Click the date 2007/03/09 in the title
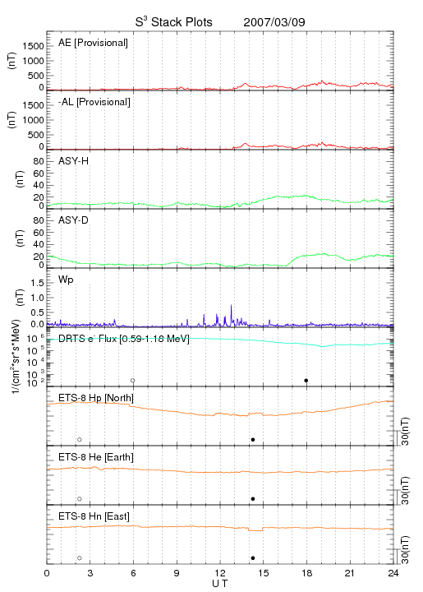[x=274, y=22]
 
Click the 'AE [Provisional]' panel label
[x=93, y=43]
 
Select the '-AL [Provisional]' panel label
[x=94, y=102]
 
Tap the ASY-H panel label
[x=74, y=161]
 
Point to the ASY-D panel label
[x=74, y=220]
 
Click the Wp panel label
[x=66, y=280]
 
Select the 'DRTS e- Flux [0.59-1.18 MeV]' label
[x=124, y=339]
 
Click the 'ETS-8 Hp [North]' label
[x=96, y=398]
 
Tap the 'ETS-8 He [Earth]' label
[x=96, y=457]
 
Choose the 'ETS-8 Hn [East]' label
[x=94, y=516]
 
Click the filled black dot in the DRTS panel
[x=306, y=381]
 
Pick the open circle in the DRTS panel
[x=133, y=381]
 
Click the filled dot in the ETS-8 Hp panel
[x=253, y=439]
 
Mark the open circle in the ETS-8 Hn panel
[x=80, y=558]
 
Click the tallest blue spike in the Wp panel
[x=231, y=305]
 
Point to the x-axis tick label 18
[x=307, y=573]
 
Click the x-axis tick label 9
[x=177, y=573]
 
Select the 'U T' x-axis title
[x=220, y=584]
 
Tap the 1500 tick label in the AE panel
[x=33, y=46]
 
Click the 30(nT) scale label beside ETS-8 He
[x=405, y=490]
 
